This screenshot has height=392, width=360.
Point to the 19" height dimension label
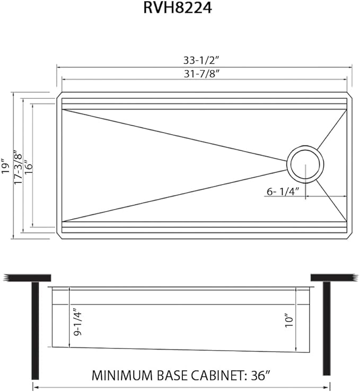pyautogui.click(x=6, y=165)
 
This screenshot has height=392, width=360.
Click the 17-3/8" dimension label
pyautogui.click(x=19, y=165)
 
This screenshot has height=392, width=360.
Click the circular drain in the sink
pyautogui.click(x=304, y=163)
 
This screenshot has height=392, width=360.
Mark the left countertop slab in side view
pyautogui.click(x=27, y=278)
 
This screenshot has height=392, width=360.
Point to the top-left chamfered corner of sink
pyautogui.click(x=59, y=97)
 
